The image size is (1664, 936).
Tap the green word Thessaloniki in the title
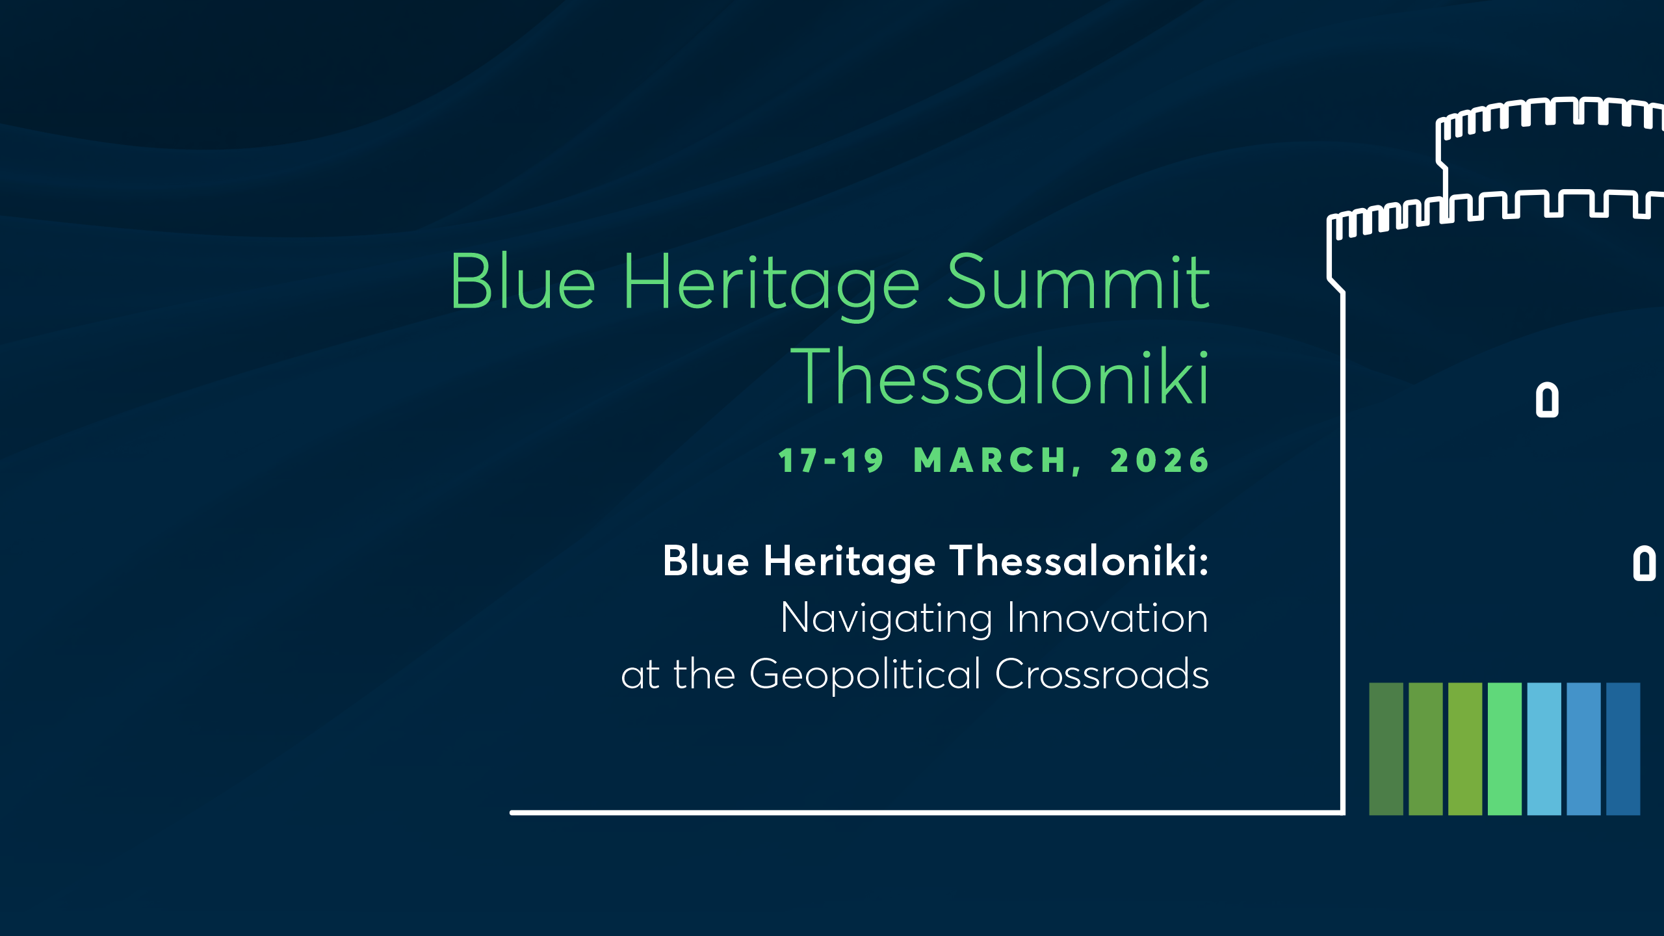999,377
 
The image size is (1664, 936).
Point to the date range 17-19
831,461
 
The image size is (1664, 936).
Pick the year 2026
1160,461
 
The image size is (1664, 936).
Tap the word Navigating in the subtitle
887,618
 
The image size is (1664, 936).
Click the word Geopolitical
865,675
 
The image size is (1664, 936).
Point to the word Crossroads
1102,674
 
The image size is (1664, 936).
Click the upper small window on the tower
1547,400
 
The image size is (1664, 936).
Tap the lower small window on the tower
1644,563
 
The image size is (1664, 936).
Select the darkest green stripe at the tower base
1386,749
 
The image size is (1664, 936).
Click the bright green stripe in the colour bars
1504,749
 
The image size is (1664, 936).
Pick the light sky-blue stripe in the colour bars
1544,749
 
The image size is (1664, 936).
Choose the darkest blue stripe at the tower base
1623,749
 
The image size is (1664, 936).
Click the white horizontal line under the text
910,812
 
